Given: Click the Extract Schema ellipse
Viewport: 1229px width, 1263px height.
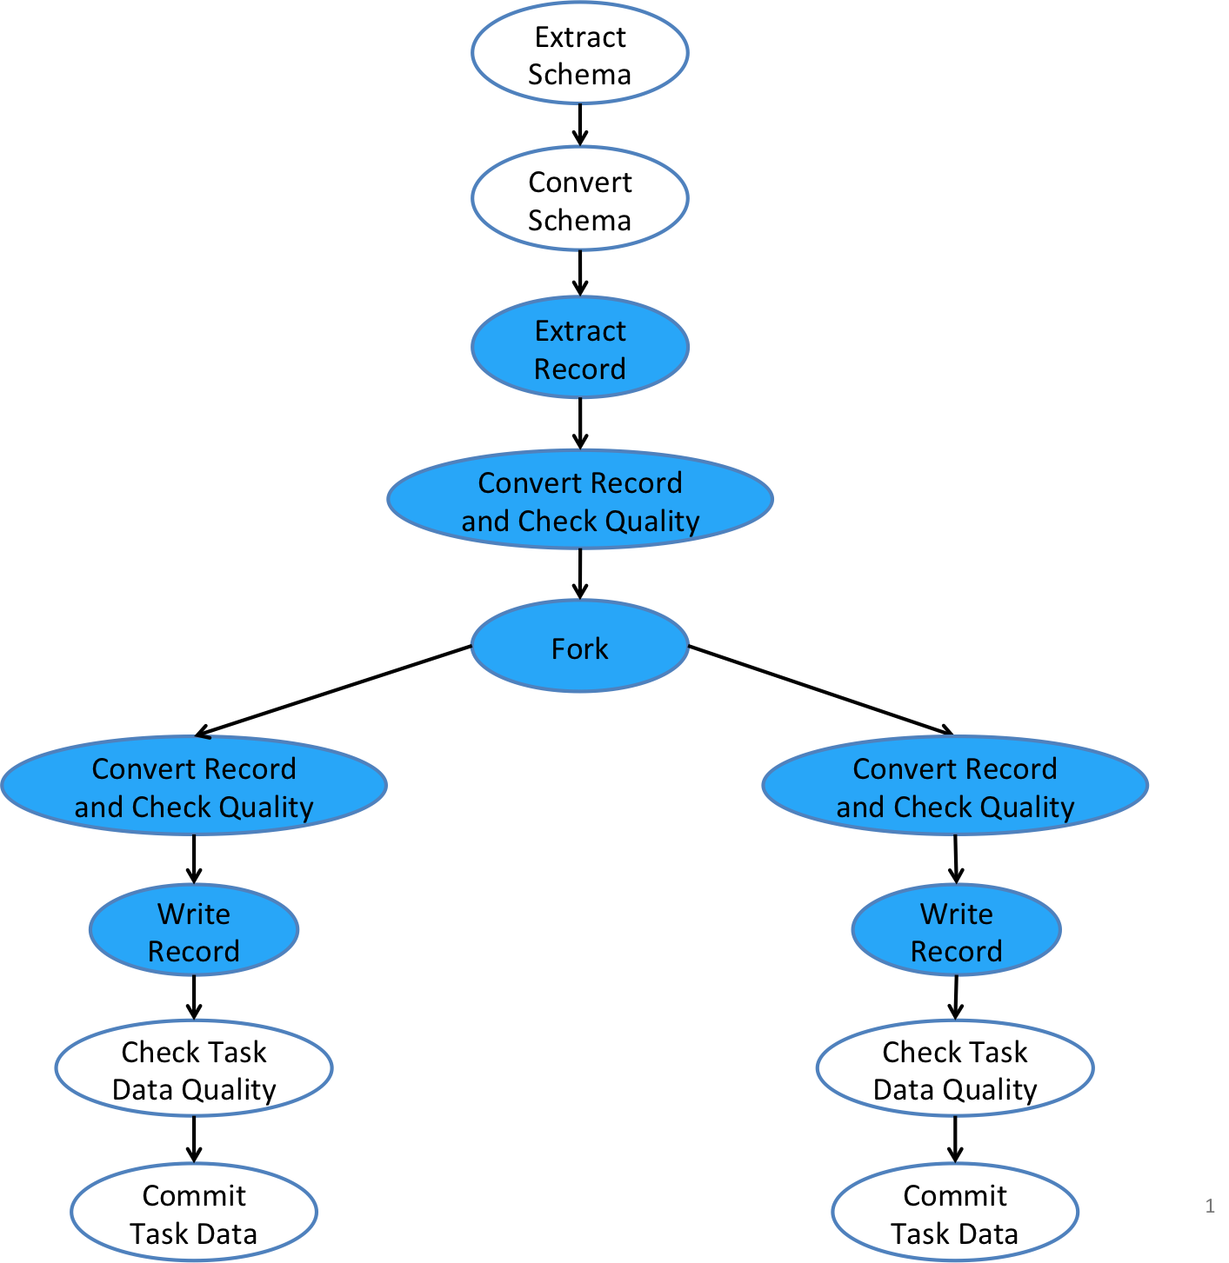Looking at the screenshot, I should (x=580, y=54).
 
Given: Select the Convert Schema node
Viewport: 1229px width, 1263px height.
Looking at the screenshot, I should (x=580, y=200).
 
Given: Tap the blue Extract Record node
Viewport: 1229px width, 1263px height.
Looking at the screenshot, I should (x=580, y=349).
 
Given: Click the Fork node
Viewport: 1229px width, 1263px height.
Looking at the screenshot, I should (x=580, y=648).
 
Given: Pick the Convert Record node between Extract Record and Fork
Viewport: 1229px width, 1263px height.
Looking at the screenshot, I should (x=580, y=501).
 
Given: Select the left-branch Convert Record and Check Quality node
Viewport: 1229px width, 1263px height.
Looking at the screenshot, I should (x=194, y=787).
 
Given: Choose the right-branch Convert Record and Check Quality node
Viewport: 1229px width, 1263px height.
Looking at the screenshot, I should (x=955, y=787).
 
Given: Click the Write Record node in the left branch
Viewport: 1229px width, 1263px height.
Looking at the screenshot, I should (x=194, y=931).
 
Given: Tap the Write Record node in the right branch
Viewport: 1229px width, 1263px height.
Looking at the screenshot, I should (x=956, y=931).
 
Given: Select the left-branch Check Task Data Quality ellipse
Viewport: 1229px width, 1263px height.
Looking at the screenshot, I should (x=194, y=1069).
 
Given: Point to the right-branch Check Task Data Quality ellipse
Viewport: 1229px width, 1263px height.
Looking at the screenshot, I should (x=955, y=1069).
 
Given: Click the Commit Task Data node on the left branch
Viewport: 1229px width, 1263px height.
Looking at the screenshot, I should (x=194, y=1213).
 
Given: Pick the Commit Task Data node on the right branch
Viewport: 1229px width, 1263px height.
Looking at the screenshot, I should (x=955, y=1213).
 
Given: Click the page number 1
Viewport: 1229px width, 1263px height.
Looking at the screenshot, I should (x=1210, y=1206).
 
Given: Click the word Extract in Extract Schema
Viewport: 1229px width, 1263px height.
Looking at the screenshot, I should (x=580, y=37).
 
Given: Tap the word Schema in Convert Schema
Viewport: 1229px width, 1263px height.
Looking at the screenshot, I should (x=579, y=220).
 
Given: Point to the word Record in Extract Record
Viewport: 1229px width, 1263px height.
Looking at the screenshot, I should (x=579, y=369).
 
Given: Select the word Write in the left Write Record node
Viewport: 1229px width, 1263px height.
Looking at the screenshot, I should (x=194, y=914).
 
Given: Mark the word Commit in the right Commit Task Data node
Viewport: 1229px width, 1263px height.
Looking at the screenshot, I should (x=955, y=1195).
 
